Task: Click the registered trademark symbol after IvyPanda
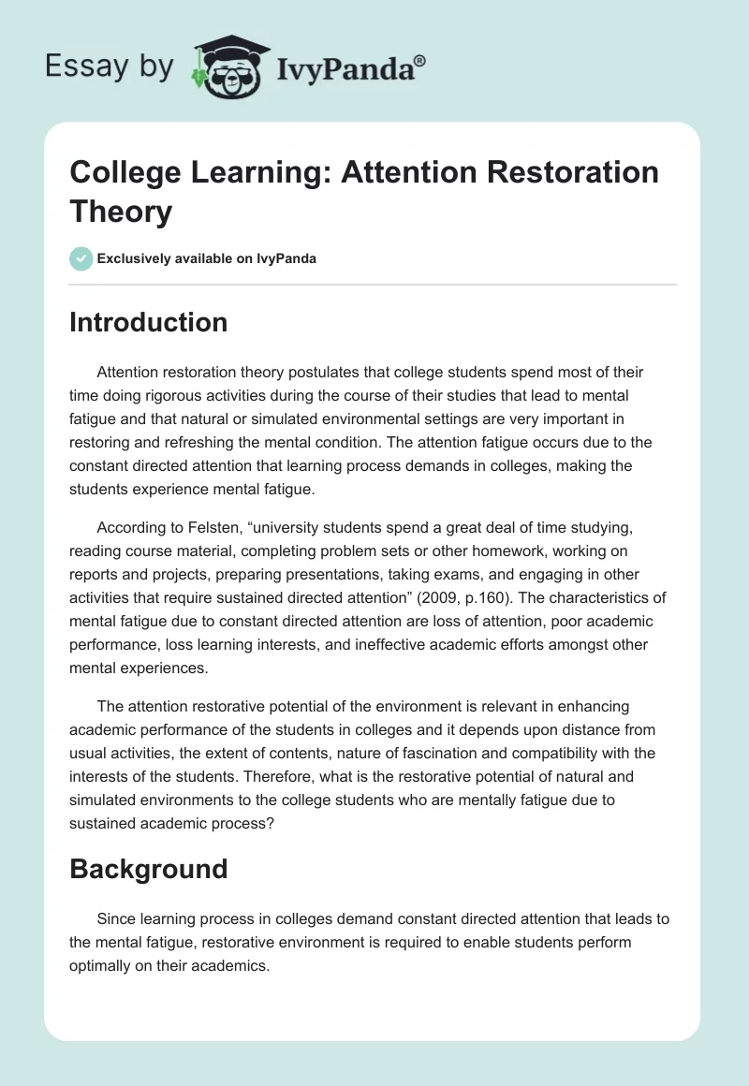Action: pos(419,60)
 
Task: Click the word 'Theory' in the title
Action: pos(121,212)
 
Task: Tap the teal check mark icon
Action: pos(81,258)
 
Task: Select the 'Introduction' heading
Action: pos(148,322)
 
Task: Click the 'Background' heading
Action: pos(148,869)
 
